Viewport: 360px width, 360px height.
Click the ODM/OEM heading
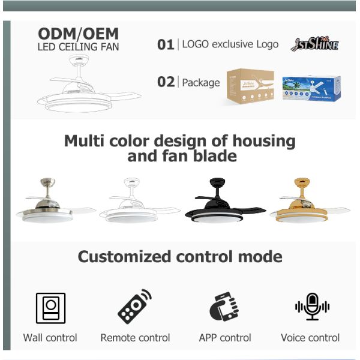(78, 33)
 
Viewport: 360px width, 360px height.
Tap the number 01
(166, 44)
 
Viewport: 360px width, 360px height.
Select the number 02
(166, 82)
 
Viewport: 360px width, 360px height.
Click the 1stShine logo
(314, 44)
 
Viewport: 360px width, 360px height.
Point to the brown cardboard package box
(250, 86)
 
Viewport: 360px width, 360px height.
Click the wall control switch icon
(50, 308)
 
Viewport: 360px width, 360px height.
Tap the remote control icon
(135, 307)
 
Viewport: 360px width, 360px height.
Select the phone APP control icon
(224, 307)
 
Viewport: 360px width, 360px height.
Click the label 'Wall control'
(50, 338)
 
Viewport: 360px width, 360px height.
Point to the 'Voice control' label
(310, 338)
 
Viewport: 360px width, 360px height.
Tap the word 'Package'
(200, 82)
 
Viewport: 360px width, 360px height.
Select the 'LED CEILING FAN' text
(78, 47)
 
